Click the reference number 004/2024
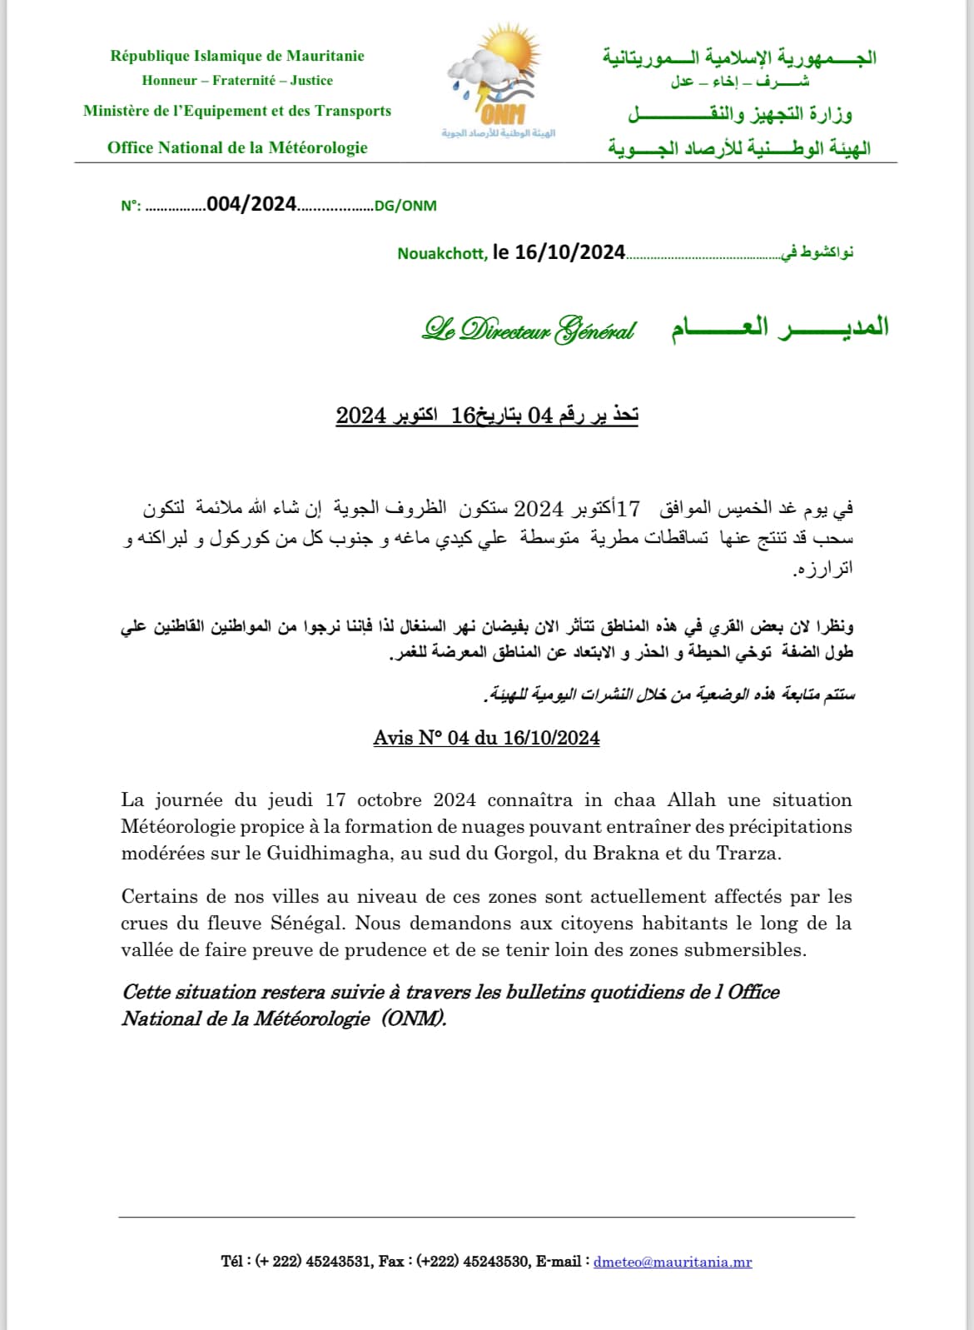(251, 205)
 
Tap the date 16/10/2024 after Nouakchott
(569, 252)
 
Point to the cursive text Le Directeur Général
(529, 331)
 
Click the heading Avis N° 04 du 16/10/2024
(486, 738)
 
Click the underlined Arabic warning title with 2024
(487, 415)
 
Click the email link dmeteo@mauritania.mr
(673, 1262)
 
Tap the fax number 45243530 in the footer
(496, 1262)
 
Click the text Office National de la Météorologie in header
(237, 147)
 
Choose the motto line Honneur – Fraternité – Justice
(237, 81)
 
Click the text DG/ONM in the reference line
(405, 206)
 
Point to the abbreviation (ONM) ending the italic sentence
(414, 1019)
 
